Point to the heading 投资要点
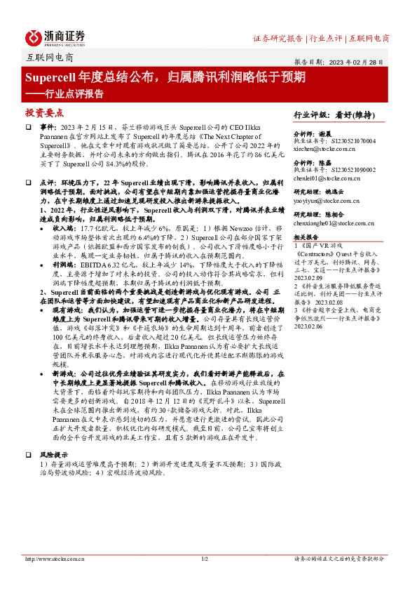click(x=44, y=112)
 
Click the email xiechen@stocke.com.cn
click(x=324, y=150)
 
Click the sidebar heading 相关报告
click(x=306, y=239)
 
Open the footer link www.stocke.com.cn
click(x=50, y=559)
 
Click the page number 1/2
click(x=205, y=559)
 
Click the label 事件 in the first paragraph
click(x=48, y=126)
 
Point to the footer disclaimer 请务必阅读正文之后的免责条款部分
click(x=339, y=559)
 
